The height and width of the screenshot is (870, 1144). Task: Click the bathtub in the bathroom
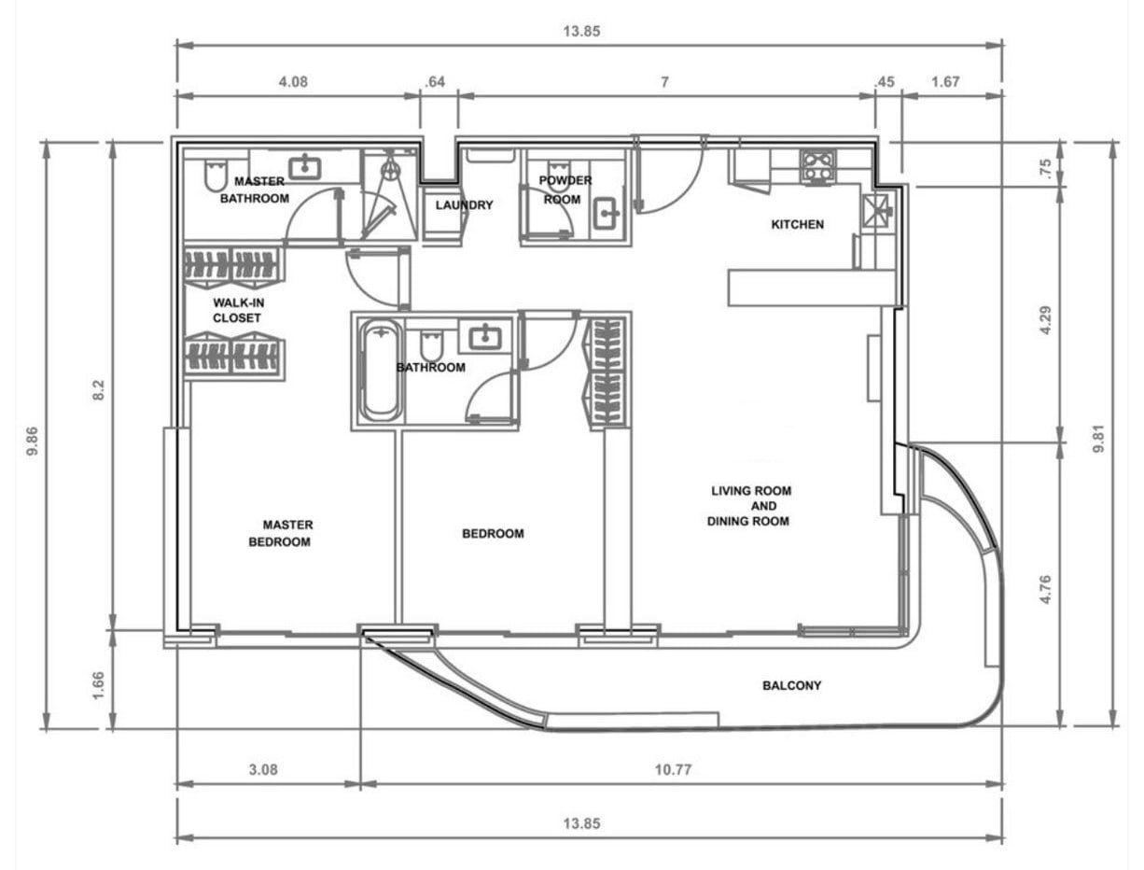point(381,371)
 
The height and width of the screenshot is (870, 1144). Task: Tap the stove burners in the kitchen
point(817,165)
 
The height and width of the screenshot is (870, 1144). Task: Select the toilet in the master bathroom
point(213,175)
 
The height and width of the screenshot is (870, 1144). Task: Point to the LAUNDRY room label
point(464,205)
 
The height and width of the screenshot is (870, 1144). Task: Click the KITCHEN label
point(797,224)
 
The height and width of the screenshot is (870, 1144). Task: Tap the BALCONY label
point(791,685)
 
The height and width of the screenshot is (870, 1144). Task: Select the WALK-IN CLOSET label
point(237,311)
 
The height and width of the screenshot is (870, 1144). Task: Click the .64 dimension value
point(434,82)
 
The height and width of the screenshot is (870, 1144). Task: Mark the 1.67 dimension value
point(945,82)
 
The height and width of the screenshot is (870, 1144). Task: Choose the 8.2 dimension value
point(99,390)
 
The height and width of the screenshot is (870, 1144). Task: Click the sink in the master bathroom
point(304,168)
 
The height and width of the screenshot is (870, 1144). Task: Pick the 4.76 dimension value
point(1045,588)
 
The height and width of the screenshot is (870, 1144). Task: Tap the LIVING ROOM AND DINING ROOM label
point(750,505)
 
